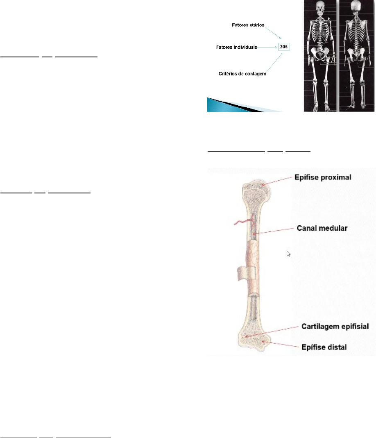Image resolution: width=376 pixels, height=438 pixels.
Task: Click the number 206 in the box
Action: click(x=284, y=47)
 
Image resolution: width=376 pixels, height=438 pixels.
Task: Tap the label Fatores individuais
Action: click(x=236, y=47)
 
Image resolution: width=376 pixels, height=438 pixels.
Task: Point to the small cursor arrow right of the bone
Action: click(x=289, y=254)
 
